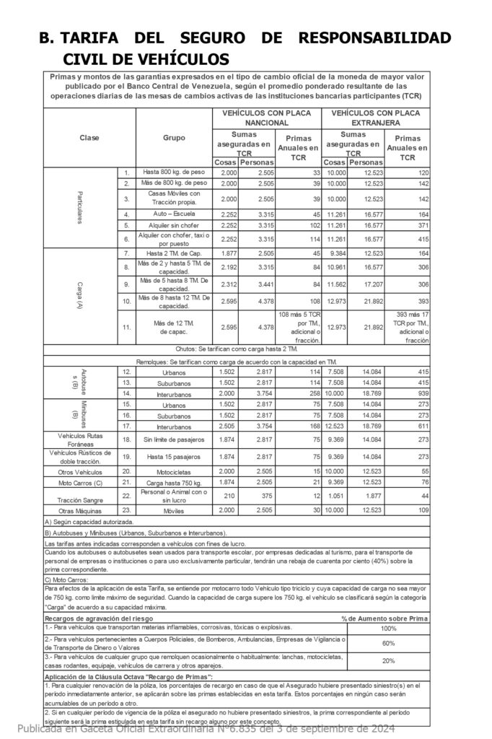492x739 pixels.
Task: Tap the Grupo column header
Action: (174, 137)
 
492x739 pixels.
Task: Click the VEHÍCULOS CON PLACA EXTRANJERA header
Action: (376, 118)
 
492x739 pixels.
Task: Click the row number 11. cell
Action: (126, 327)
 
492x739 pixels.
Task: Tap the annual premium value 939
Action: (418, 393)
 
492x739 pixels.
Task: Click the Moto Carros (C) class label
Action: (79, 481)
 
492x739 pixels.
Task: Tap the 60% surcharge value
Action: (388, 643)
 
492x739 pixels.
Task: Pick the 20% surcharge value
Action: (388, 660)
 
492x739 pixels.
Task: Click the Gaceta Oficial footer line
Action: (206, 729)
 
